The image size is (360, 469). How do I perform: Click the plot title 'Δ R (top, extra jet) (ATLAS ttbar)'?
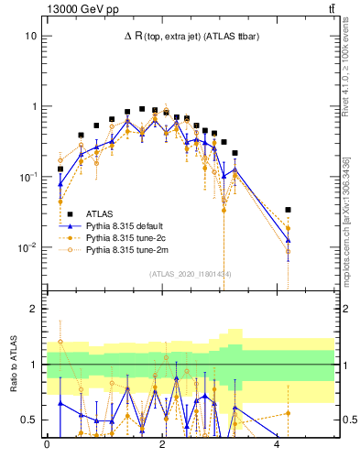[190, 36]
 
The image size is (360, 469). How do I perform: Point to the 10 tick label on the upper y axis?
[31, 36]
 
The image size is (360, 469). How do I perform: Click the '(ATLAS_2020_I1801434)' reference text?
[190, 276]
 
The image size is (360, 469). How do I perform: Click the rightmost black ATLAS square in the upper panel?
[288, 210]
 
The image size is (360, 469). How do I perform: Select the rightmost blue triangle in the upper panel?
[288, 241]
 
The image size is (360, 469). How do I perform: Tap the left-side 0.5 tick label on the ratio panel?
[31, 420]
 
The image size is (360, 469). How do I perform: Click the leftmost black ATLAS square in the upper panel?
[60, 169]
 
